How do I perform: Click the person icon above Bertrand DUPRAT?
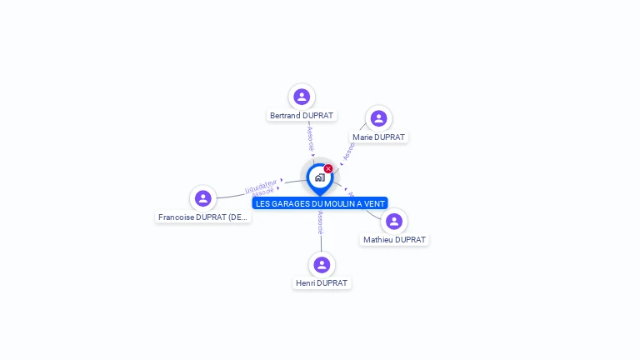click(302, 97)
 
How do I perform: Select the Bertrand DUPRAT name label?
click(302, 115)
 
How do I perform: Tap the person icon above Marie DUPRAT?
click(378, 118)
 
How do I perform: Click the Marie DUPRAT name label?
click(378, 137)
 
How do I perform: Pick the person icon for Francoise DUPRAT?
click(202, 198)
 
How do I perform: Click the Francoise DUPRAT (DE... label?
click(203, 217)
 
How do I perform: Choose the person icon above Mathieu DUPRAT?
click(394, 222)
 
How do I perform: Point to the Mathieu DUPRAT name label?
click(394, 240)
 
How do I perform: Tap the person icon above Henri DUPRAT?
click(322, 265)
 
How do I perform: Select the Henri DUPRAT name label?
click(322, 283)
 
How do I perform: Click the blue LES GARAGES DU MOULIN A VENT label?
click(320, 203)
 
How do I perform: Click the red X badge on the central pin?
click(328, 169)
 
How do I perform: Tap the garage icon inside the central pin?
click(319, 177)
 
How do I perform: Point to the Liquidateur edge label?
click(261, 184)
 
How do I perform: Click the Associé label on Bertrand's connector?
click(310, 137)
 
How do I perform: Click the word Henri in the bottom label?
click(305, 283)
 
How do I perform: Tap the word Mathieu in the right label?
click(378, 240)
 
